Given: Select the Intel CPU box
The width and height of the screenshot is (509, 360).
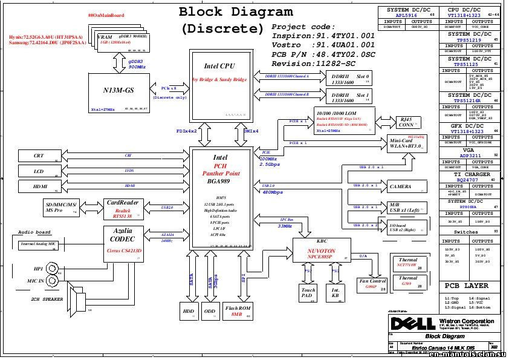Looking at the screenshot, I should point(219,85).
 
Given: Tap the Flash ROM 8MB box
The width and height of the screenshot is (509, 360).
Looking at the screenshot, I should point(238,310).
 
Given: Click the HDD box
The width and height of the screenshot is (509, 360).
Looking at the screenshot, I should point(188,311).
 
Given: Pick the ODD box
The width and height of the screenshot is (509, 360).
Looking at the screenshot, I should point(210,311).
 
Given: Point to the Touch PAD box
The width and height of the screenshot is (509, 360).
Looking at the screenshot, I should point(308,293).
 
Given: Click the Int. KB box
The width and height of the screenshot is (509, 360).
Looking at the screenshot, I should point(334,293).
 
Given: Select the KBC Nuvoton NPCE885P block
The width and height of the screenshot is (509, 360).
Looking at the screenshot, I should point(322,250).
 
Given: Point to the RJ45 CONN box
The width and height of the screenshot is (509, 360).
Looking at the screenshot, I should point(406,123).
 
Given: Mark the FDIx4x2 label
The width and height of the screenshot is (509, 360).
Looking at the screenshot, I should point(186,131).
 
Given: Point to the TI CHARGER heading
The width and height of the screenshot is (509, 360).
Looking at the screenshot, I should point(470,174).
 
